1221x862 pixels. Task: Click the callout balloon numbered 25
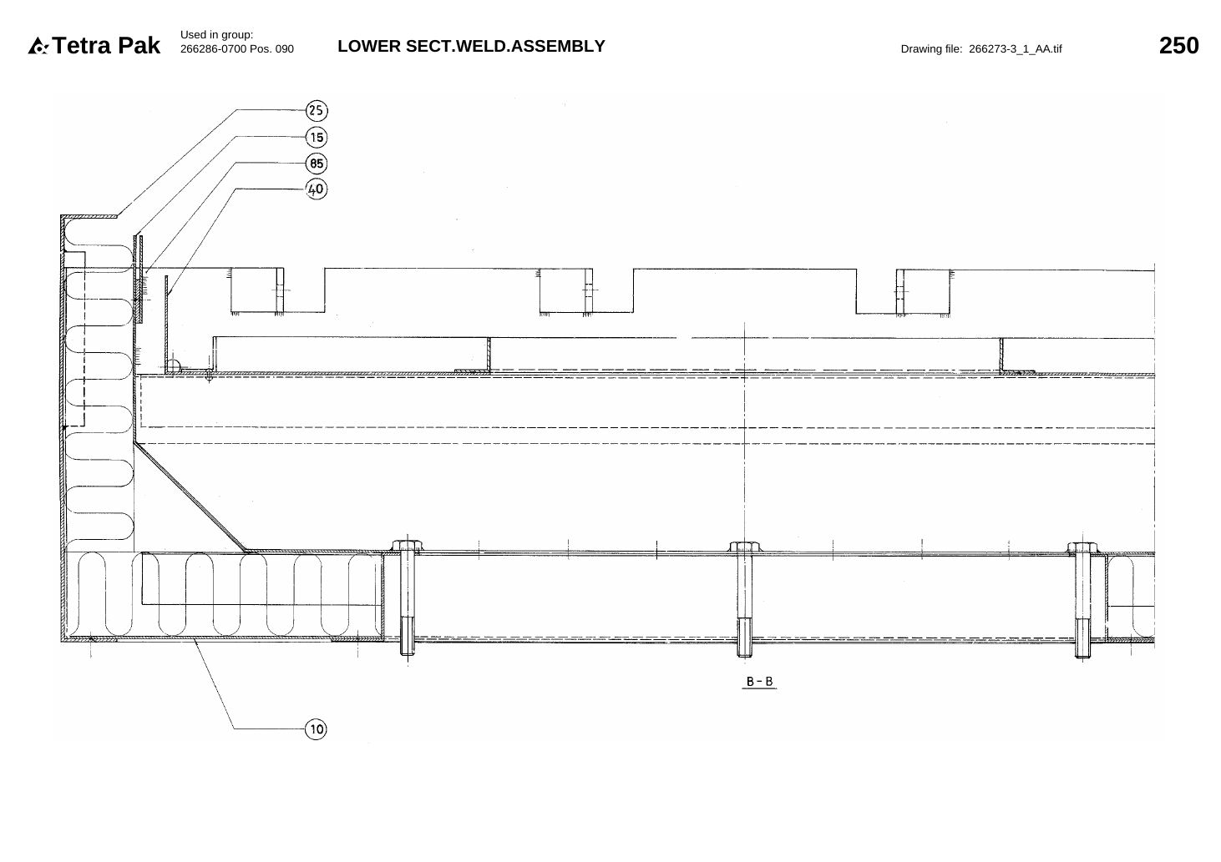(317, 110)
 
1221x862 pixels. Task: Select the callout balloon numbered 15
(317, 137)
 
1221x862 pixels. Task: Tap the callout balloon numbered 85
(317, 164)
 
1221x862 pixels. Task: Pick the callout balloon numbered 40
(317, 189)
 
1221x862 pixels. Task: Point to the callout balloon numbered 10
(317, 729)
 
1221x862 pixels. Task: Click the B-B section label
(759, 681)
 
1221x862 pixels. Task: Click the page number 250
(1178, 46)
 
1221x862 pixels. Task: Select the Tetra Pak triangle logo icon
(38, 46)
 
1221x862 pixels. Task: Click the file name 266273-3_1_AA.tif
(1015, 49)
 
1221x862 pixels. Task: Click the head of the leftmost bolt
(407, 545)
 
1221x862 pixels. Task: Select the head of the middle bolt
(744, 547)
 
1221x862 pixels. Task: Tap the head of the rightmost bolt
(1082, 547)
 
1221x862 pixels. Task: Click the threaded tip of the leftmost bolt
(408, 636)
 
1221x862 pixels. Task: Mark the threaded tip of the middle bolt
(744, 638)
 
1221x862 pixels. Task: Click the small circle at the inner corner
(173, 366)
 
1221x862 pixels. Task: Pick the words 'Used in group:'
(216, 35)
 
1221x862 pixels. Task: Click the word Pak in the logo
(139, 46)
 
